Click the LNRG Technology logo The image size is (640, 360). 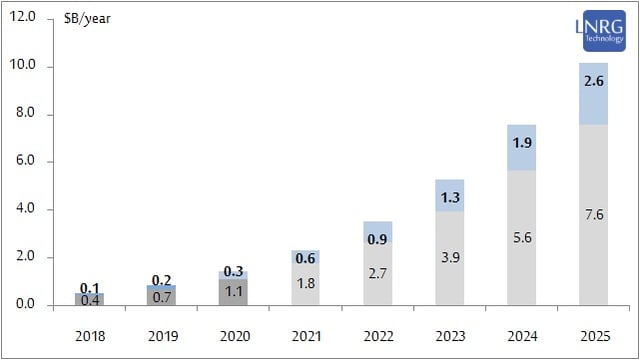pos(599,36)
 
